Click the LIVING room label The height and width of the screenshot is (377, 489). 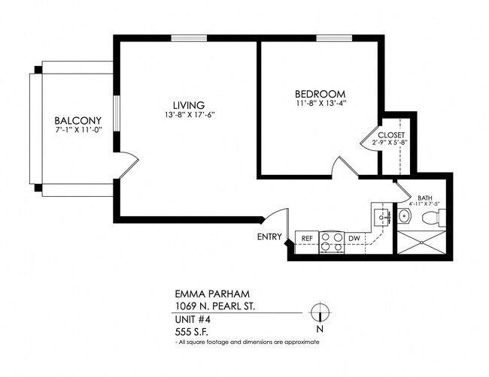(x=189, y=104)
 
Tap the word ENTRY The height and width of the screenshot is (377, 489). (x=269, y=238)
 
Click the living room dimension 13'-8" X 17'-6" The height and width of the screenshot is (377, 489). (x=189, y=115)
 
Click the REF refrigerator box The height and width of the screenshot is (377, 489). (x=307, y=240)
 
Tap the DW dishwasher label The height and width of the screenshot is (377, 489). (x=354, y=240)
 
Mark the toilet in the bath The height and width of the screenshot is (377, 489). (x=431, y=218)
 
